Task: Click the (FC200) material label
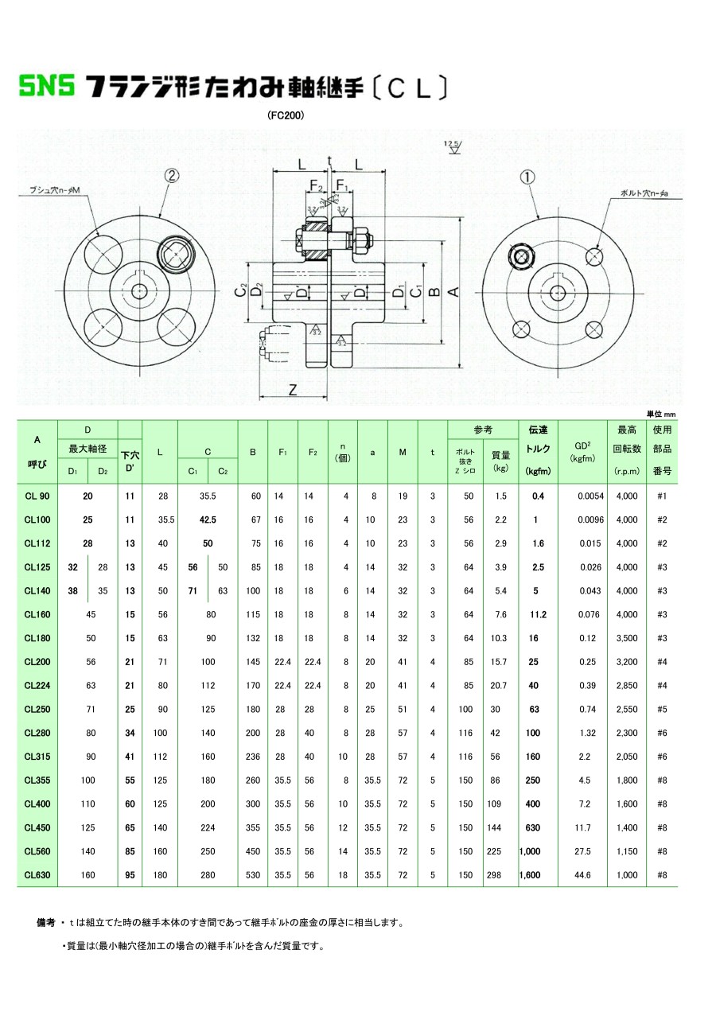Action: point(286,115)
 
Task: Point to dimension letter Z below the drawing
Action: point(293,389)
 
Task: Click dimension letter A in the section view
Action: point(453,292)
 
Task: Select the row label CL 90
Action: point(37,496)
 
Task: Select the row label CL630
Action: point(37,875)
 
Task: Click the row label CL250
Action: point(37,709)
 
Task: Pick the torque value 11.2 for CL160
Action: point(538,614)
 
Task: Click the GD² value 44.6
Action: point(582,875)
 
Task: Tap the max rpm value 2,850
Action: point(627,685)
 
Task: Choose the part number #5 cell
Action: point(662,709)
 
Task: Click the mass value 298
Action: point(500,875)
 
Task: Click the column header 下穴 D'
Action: point(130,461)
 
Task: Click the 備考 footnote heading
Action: point(46,923)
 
